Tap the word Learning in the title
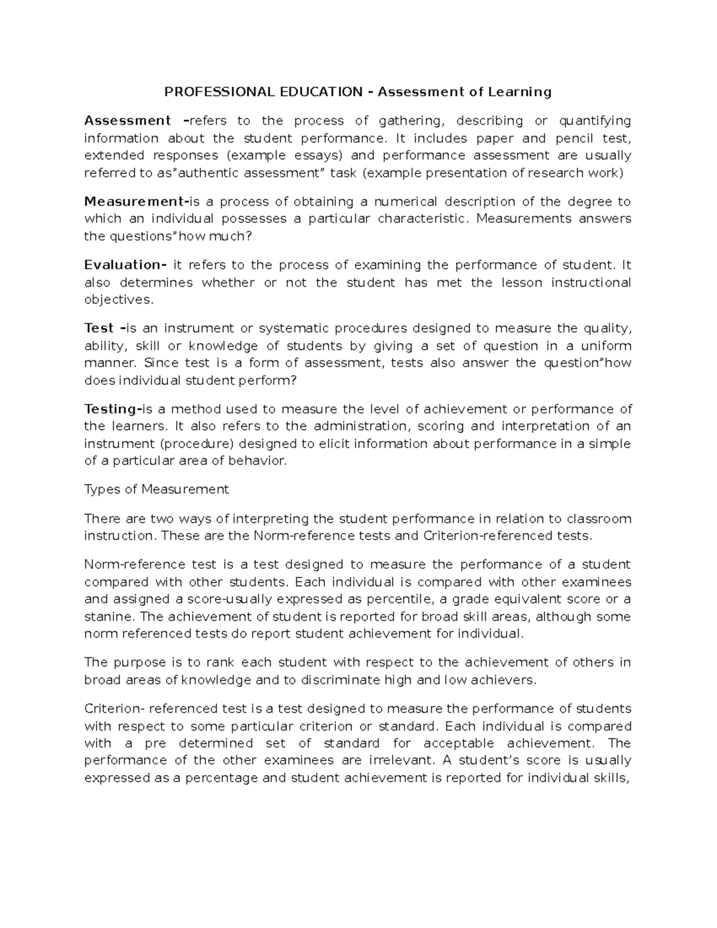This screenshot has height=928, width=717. click(x=519, y=92)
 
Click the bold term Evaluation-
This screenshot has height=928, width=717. click(x=125, y=265)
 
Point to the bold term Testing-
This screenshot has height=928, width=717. click(x=111, y=409)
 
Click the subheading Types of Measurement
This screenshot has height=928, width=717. click(x=157, y=489)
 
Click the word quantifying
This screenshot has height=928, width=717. click(x=595, y=121)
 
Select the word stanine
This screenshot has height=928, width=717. click(x=105, y=617)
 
